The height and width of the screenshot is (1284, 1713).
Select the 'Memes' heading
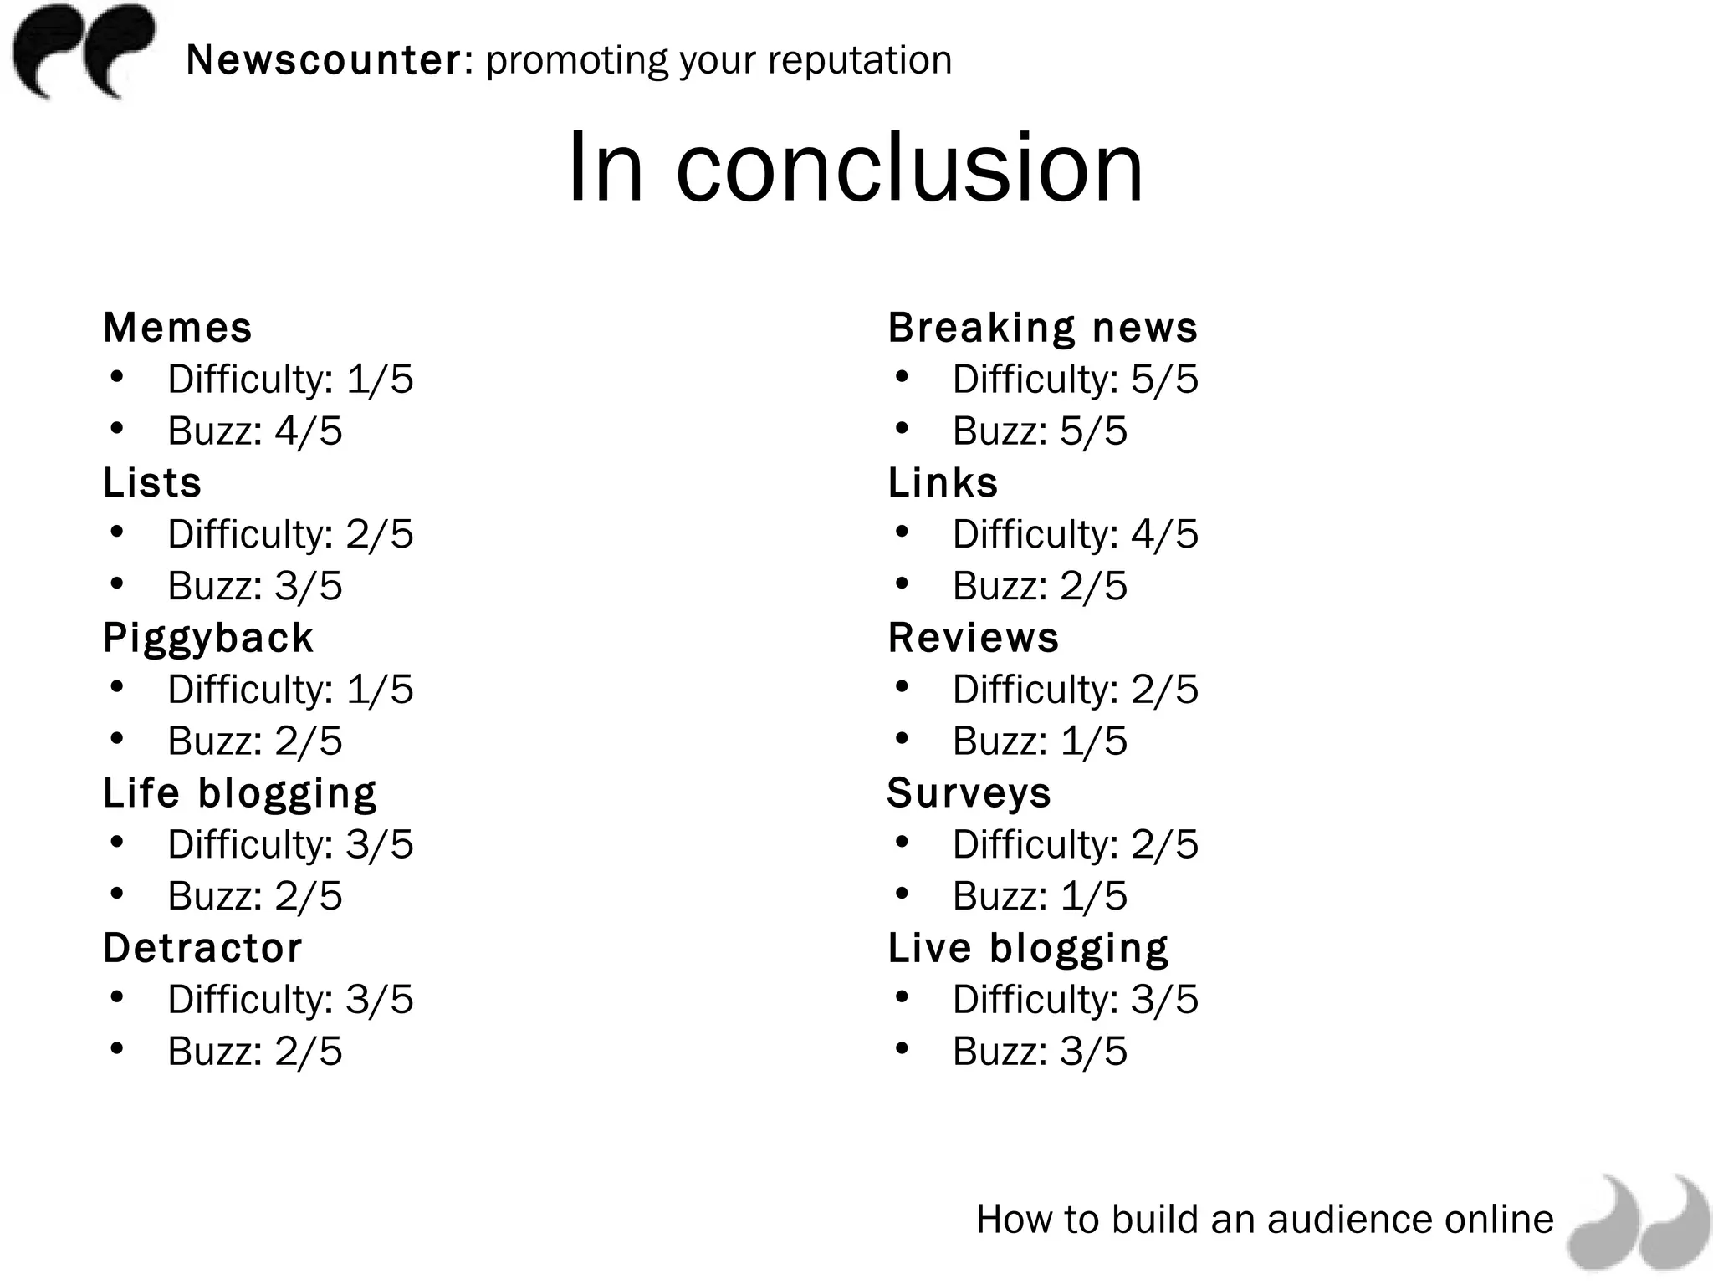coord(177,328)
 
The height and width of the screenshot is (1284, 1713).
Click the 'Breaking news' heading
coord(1042,328)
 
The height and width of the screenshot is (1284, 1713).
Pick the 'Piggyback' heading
coord(208,638)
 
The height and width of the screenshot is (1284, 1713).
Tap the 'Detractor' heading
coord(202,948)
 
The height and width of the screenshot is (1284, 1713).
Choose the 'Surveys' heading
coord(969,793)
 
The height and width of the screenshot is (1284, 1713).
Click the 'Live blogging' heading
coord(1028,948)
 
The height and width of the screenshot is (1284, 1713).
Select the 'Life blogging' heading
coord(240,793)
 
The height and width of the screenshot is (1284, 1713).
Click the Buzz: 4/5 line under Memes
coord(255,431)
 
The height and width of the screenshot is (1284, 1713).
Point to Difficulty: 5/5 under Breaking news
coord(1075,380)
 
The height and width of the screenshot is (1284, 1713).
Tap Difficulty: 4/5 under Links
coord(1075,534)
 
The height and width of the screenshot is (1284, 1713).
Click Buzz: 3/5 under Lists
coord(255,586)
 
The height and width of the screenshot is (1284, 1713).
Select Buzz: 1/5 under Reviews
coord(1040,741)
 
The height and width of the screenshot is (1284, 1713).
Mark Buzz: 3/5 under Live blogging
coord(1040,1052)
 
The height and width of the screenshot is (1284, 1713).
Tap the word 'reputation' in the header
coord(859,60)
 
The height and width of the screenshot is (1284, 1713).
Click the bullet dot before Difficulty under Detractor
coord(116,997)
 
